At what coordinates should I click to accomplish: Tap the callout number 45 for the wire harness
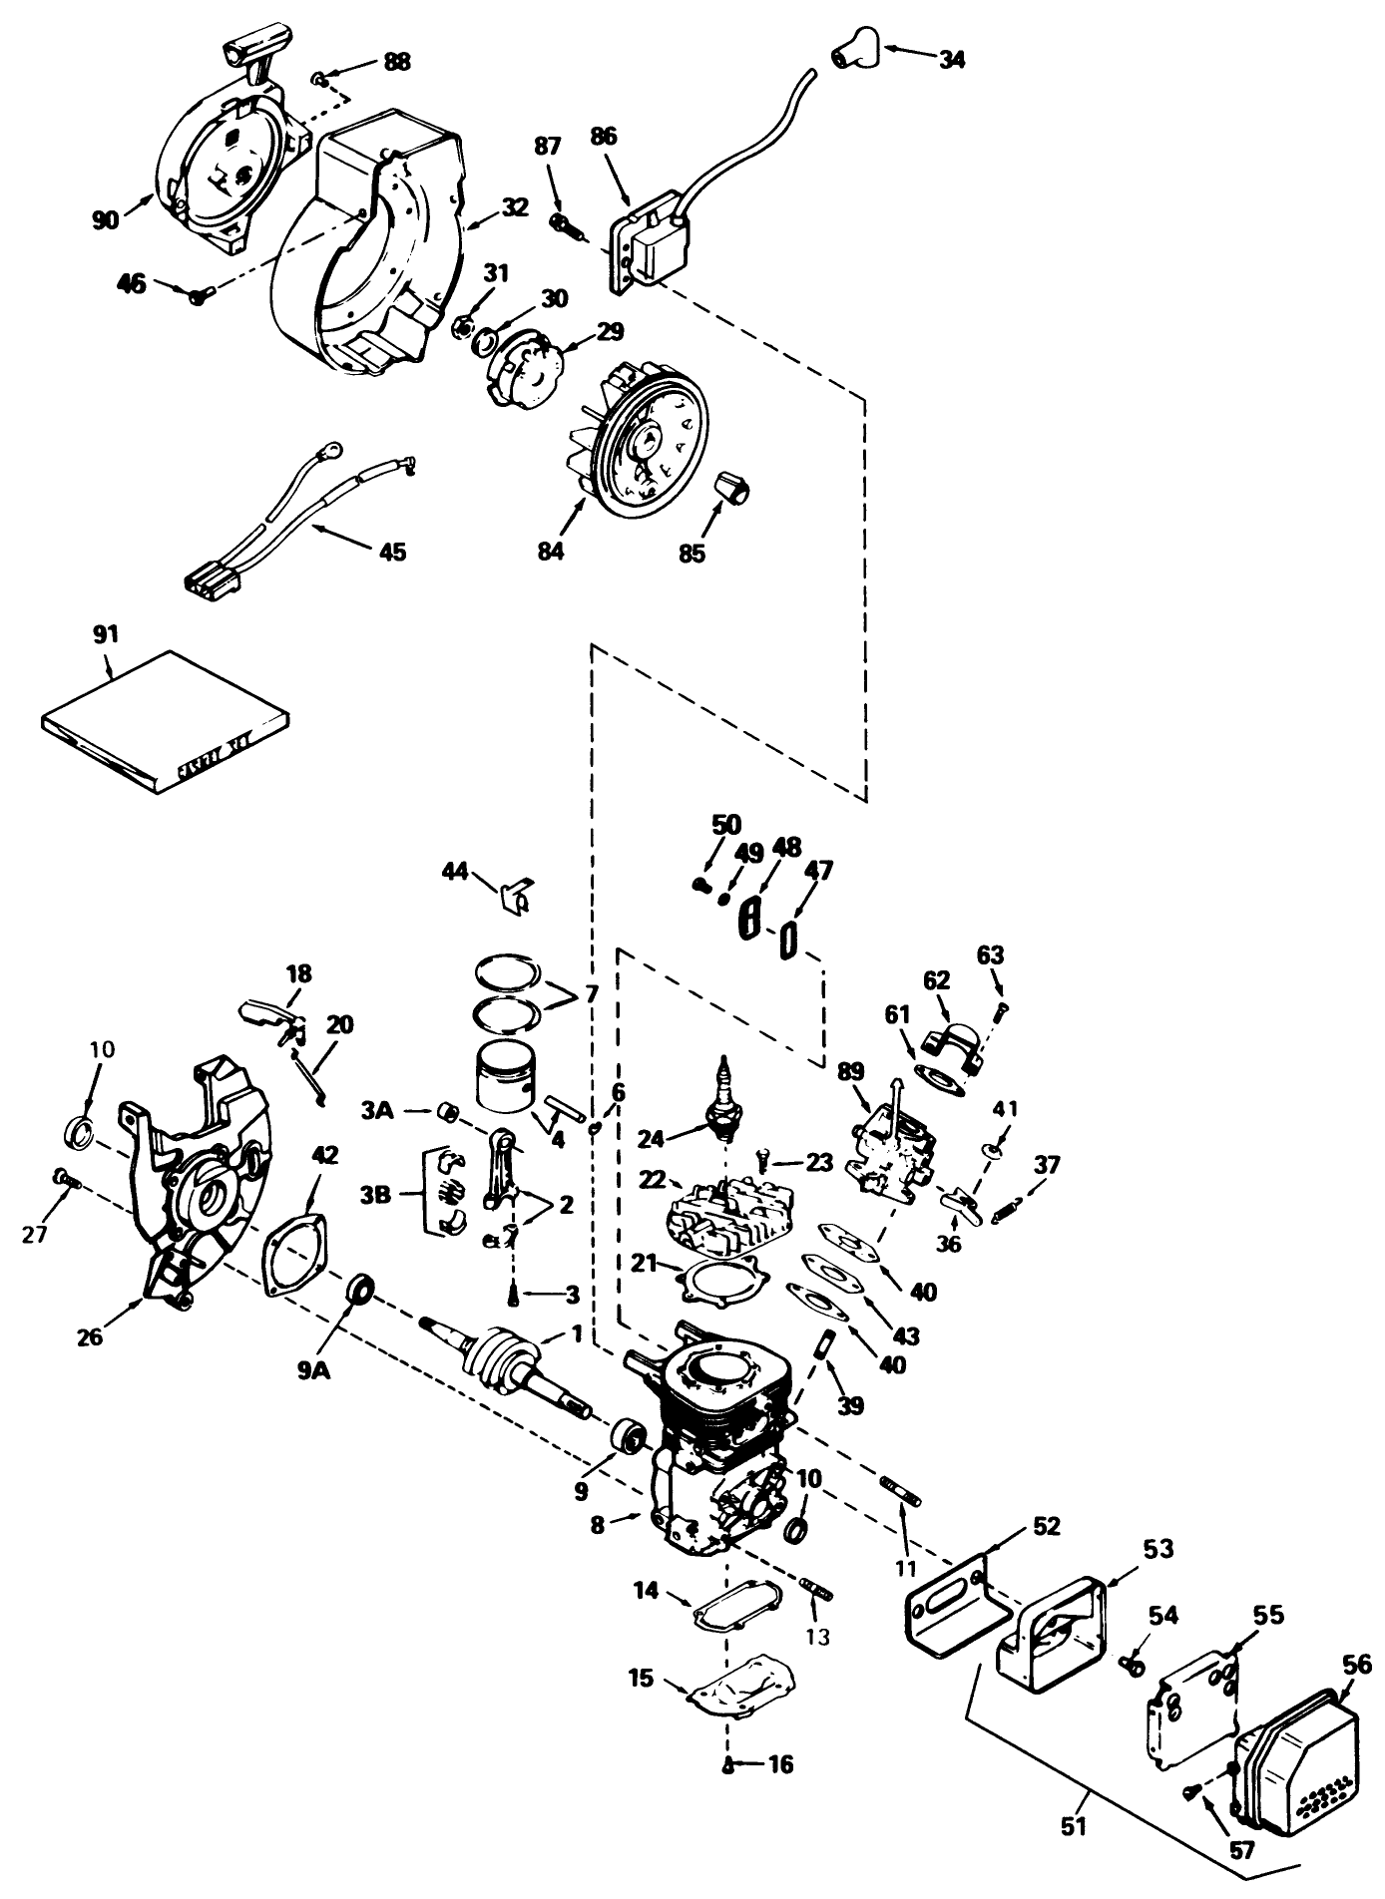[393, 551]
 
